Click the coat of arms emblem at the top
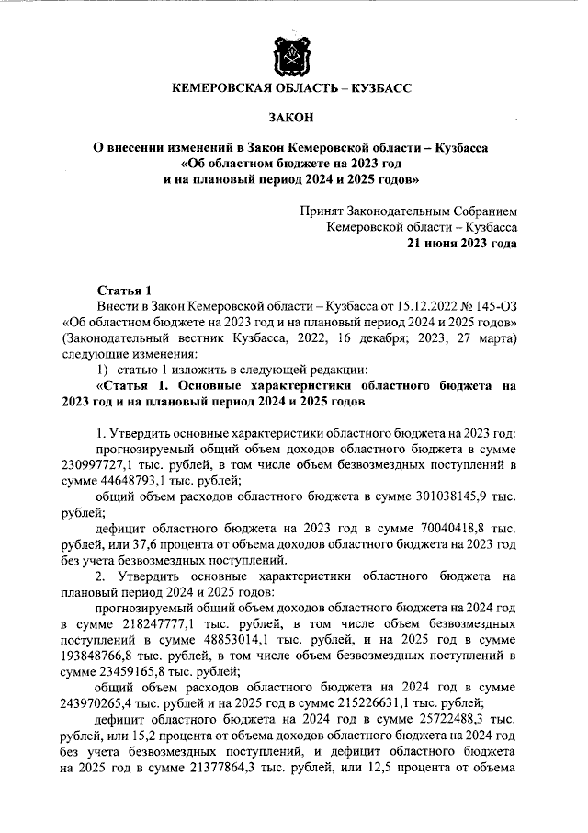[x=293, y=57]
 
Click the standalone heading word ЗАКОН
[x=293, y=118]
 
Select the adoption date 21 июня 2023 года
[x=462, y=244]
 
